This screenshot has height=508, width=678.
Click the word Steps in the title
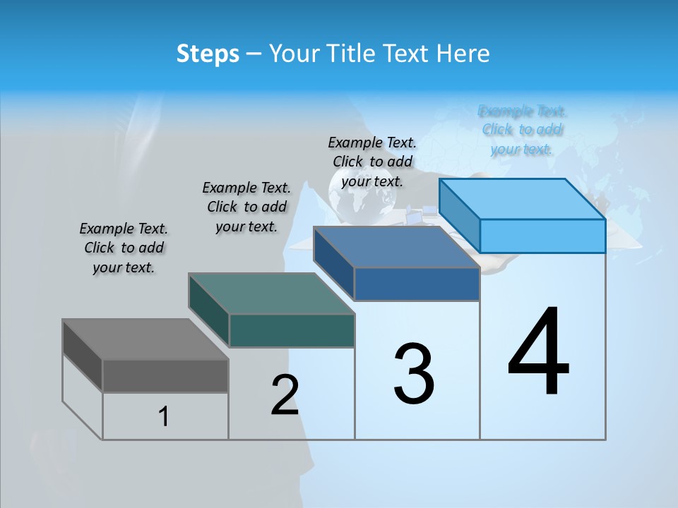click(x=208, y=54)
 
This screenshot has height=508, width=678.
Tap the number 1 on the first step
click(x=164, y=417)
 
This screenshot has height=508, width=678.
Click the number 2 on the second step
click(x=285, y=395)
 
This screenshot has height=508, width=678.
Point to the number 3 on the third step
click(x=414, y=374)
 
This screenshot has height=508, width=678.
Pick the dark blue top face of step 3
click(x=396, y=247)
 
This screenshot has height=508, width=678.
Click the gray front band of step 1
click(x=165, y=375)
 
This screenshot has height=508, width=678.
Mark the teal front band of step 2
click(x=292, y=330)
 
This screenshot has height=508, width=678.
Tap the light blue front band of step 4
click(x=542, y=236)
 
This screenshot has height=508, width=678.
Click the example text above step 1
click(x=124, y=248)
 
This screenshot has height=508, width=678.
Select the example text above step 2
click(x=246, y=207)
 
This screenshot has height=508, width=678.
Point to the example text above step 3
click(x=372, y=162)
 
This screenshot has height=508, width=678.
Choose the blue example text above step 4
click(x=523, y=130)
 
